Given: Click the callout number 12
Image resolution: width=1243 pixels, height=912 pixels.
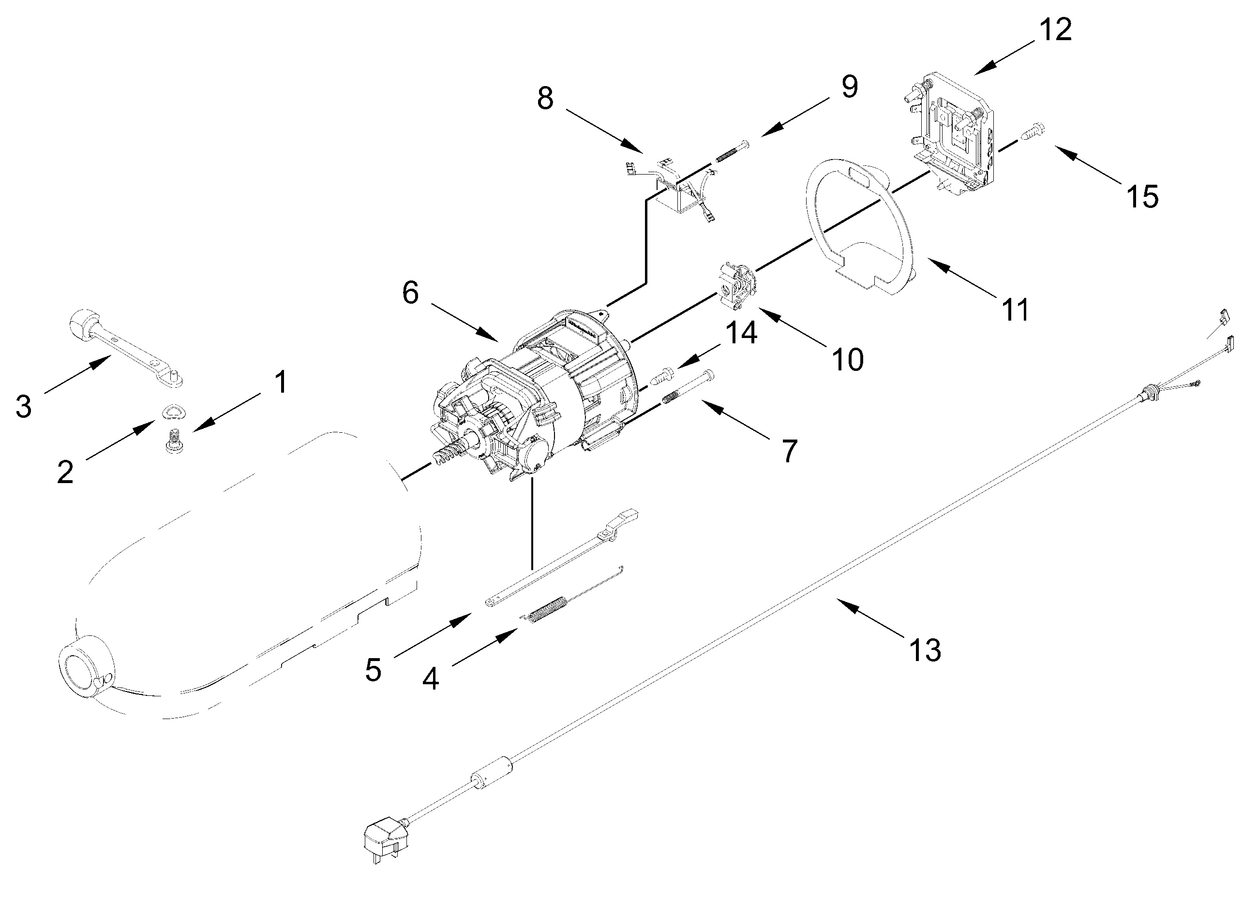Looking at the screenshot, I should pos(1055,30).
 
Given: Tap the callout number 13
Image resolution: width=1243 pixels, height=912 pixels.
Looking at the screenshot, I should pos(925,650).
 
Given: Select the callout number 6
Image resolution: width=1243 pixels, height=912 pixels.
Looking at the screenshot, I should pos(410,293).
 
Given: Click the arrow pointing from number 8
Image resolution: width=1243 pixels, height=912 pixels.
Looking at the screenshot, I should pos(604,132).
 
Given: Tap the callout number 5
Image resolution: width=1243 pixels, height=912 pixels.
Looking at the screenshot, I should pos(374,670).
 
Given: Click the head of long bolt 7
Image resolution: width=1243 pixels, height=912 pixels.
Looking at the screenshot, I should pos(709,375).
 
